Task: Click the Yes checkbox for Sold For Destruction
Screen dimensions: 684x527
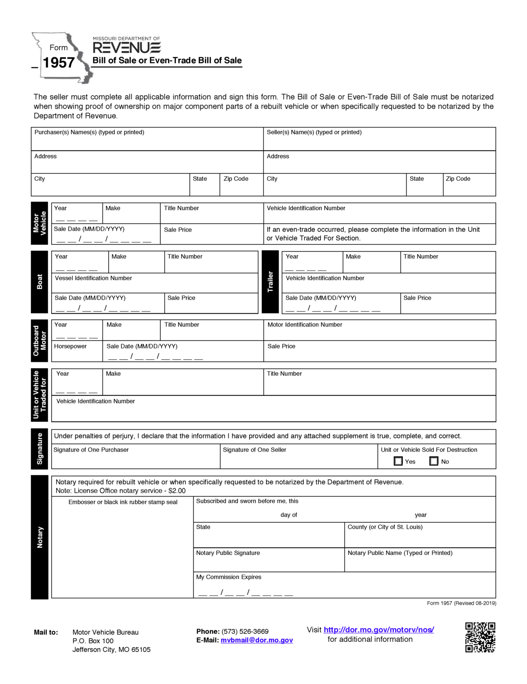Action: click(x=398, y=461)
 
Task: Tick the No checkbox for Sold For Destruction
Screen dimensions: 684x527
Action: click(x=433, y=461)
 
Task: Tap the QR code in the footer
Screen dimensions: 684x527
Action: click(x=480, y=637)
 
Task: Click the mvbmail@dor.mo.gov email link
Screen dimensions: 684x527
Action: click(x=257, y=640)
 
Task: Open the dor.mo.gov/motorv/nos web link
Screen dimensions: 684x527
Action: click(x=379, y=630)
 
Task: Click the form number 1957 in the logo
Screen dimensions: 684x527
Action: click(x=58, y=63)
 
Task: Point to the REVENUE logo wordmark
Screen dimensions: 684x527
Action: click(x=127, y=48)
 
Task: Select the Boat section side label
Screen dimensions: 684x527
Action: click(x=39, y=282)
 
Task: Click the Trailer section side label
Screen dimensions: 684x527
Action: click(x=270, y=282)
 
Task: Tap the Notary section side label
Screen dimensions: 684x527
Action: click(x=39, y=537)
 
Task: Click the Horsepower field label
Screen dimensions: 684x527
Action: click(x=70, y=346)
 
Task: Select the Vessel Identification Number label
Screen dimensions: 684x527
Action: click(x=93, y=278)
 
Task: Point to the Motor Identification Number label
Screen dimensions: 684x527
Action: click(x=305, y=325)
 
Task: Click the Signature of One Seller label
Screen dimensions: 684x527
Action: click(x=254, y=450)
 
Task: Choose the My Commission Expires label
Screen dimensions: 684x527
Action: click(x=229, y=577)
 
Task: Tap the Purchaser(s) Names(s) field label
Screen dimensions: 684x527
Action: click(x=89, y=133)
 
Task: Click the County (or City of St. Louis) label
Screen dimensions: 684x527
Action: click(x=385, y=527)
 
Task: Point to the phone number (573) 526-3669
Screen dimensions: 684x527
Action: click(x=245, y=631)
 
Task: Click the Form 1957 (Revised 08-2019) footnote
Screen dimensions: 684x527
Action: click(x=461, y=603)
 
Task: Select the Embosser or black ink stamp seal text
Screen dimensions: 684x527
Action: click(x=123, y=502)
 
